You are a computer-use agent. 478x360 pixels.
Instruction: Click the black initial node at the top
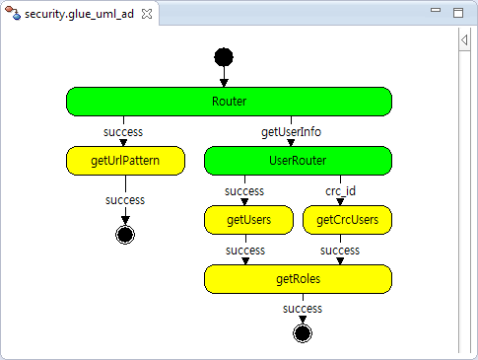pyautogui.click(x=224, y=57)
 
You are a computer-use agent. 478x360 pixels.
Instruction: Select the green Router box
pyautogui.click(x=229, y=102)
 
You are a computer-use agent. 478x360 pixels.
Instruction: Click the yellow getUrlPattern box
pyautogui.click(x=125, y=161)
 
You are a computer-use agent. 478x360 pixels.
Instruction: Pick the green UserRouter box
pyautogui.click(x=298, y=161)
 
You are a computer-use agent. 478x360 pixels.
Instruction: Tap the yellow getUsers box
pyautogui.click(x=248, y=220)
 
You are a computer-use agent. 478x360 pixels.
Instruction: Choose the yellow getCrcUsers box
pyautogui.click(x=347, y=220)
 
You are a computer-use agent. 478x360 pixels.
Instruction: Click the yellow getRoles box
pyautogui.click(x=298, y=279)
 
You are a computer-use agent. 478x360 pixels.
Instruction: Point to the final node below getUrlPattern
pyautogui.click(x=125, y=235)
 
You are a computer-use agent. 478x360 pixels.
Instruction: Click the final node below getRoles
pyautogui.click(x=303, y=333)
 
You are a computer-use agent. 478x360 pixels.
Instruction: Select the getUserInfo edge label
pyautogui.click(x=291, y=132)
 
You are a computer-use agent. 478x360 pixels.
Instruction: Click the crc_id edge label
pyautogui.click(x=340, y=191)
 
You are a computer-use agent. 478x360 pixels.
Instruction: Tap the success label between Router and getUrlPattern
pyautogui.click(x=123, y=132)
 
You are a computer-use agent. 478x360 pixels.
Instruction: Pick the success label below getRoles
pyautogui.click(x=303, y=309)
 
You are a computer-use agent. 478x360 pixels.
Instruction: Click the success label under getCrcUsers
pyautogui.click(x=340, y=251)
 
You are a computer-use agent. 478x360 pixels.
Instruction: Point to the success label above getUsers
pyautogui.click(x=244, y=191)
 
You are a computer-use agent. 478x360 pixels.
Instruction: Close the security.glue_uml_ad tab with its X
pyautogui.click(x=147, y=14)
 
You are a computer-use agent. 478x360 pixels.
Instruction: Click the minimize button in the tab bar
pyautogui.click(x=436, y=10)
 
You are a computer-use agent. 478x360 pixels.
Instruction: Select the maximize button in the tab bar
pyautogui.click(x=458, y=13)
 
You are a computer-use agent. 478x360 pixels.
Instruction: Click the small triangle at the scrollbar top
pyautogui.click(x=464, y=40)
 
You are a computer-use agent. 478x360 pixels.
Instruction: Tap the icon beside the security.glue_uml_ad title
pyautogui.click(x=13, y=13)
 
